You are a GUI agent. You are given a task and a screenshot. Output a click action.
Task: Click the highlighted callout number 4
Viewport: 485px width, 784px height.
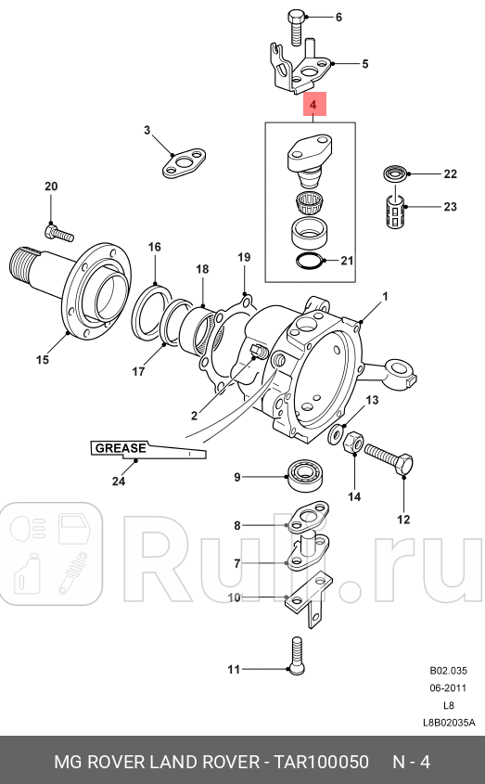pyautogui.click(x=313, y=107)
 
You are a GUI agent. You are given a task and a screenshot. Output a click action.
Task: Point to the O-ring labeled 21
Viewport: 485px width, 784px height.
pyautogui.click(x=310, y=262)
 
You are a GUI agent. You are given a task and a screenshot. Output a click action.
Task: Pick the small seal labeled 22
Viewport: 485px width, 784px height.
pyautogui.click(x=395, y=173)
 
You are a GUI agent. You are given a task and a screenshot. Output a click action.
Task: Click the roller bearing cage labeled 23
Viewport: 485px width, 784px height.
pyautogui.click(x=395, y=212)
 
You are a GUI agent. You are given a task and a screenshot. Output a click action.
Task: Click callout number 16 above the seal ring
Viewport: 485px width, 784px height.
pyautogui.click(x=155, y=247)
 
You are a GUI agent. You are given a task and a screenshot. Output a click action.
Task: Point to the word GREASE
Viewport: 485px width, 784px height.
pyautogui.click(x=120, y=448)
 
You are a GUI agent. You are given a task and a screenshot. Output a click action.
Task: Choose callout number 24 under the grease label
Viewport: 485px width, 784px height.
pyautogui.click(x=118, y=481)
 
